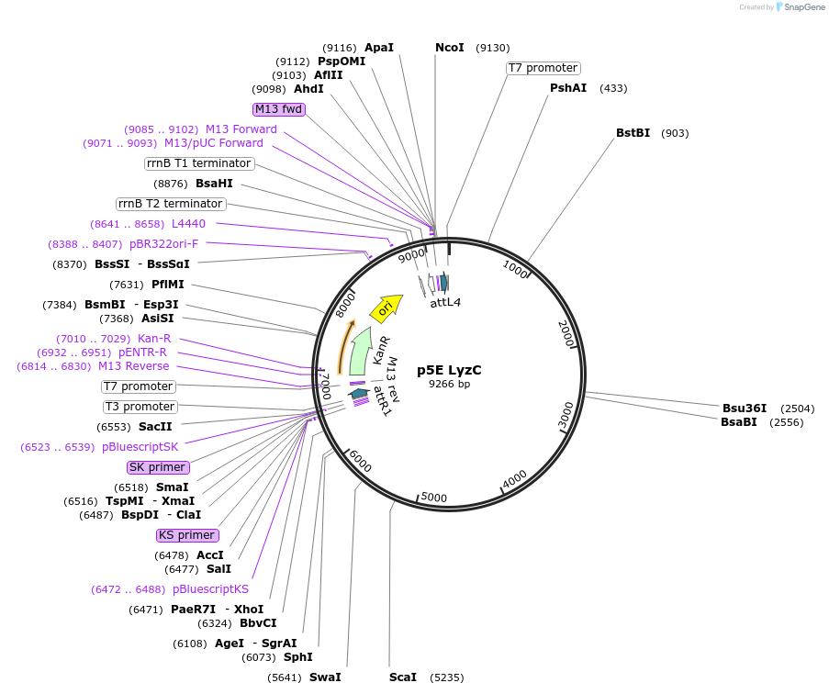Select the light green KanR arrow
point(361,347)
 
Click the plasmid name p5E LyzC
point(449,370)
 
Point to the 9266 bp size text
point(449,385)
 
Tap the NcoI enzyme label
point(450,48)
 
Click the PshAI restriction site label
point(568,88)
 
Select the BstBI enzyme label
point(633,133)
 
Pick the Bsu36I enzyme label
point(744,409)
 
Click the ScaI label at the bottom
point(403,677)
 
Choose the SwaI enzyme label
point(325,677)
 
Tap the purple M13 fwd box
point(279,109)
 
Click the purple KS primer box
point(186,535)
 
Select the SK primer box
point(157,467)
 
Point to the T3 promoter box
point(140,407)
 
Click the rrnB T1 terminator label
point(198,163)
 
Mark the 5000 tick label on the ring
point(432,498)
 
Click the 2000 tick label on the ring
point(566,333)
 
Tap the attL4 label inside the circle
point(447,302)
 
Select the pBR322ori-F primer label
point(163,244)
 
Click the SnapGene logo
point(800,7)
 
